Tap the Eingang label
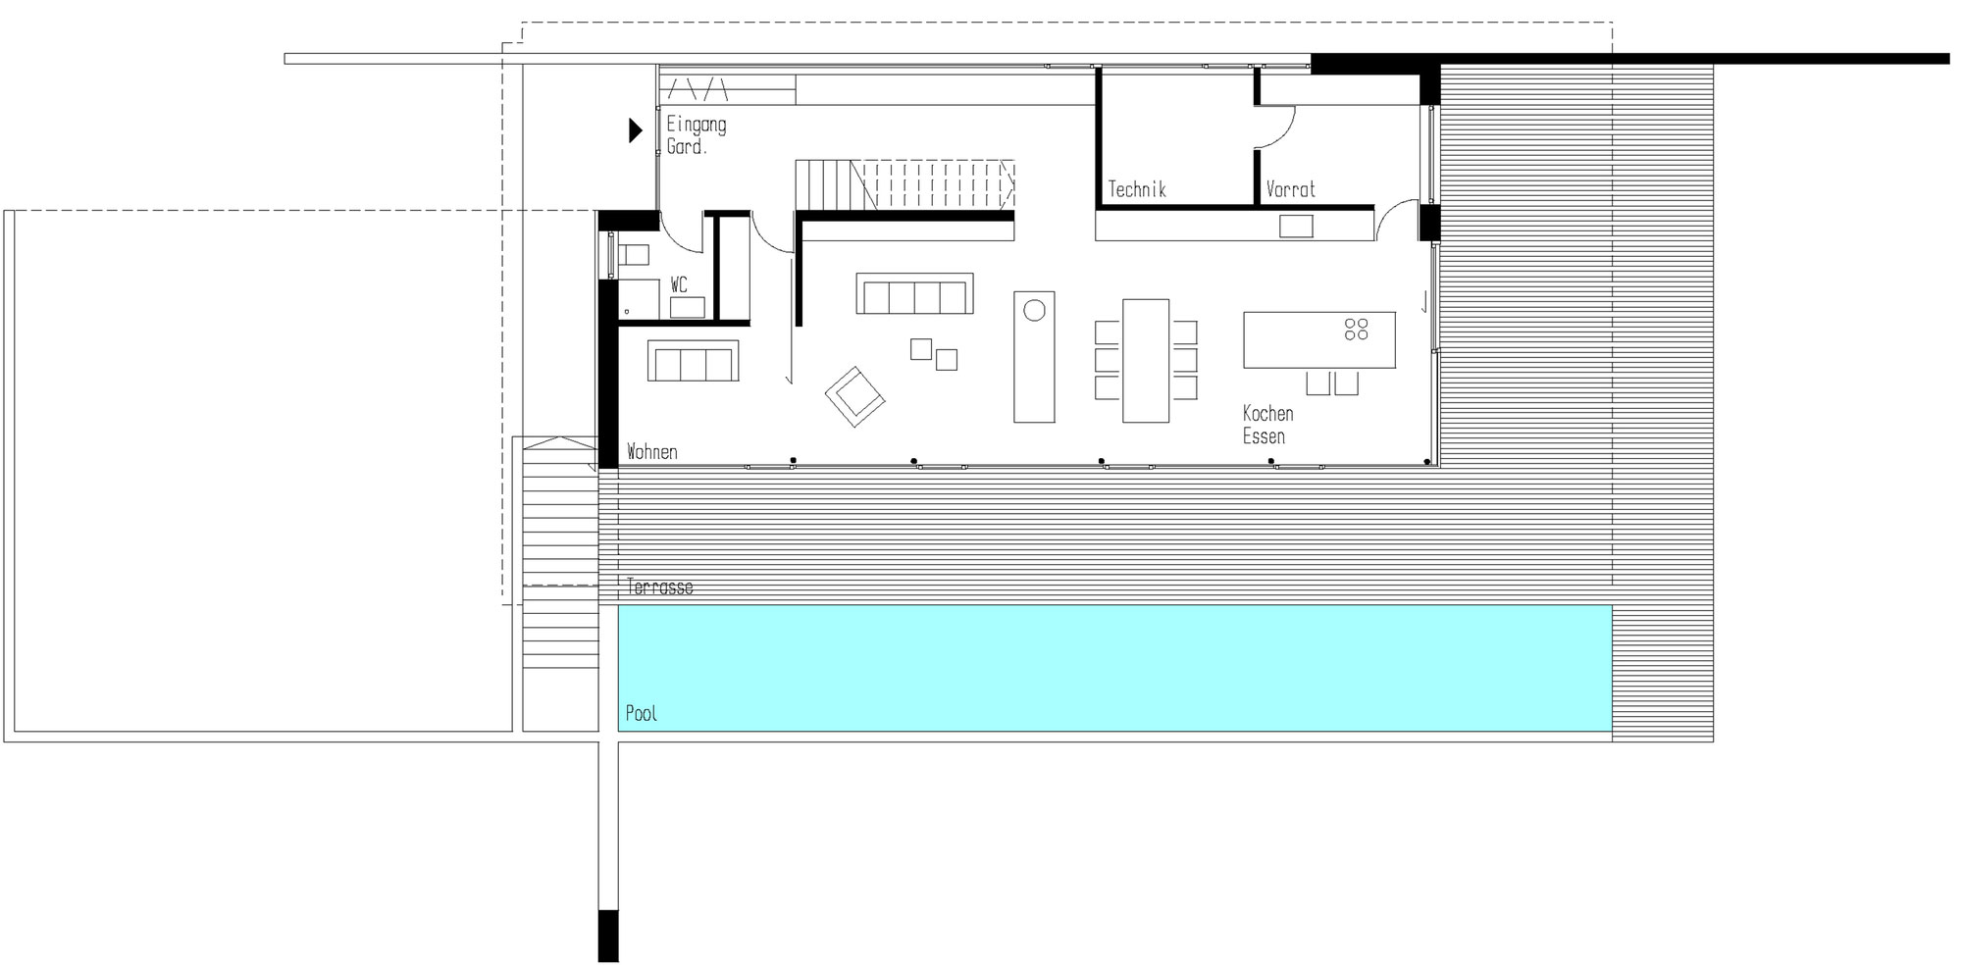click(697, 125)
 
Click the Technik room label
click(1137, 188)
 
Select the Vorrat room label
click(1290, 188)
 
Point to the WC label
click(679, 284)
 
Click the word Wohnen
click(652, 452)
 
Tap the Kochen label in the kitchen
click(1267, 413)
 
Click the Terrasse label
click(660, 587)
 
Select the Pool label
click(642, 713)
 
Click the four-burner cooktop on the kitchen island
click(1357, 330)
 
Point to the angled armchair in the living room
click(855, 396)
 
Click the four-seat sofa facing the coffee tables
click(914, 293)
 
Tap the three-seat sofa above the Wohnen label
click(693, 360)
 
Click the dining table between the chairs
click(1146, 361)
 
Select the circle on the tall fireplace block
click(1034, 311)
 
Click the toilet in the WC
click(631, 255)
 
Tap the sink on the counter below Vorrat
click(1295, 227)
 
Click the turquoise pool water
click(1114, 668)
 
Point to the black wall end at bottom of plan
click(608, 936)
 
